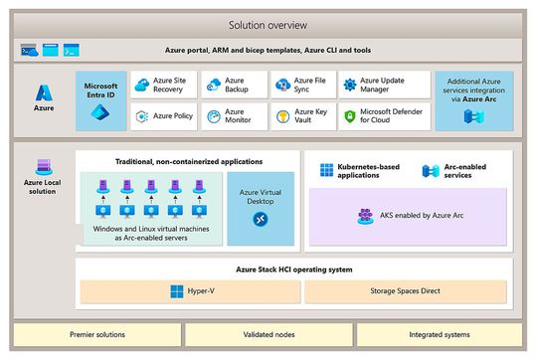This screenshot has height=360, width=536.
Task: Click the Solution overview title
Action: tap(268, 24)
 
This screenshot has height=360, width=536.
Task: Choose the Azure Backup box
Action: tap(232, 85)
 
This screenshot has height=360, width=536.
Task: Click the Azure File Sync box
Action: tap(299, 85)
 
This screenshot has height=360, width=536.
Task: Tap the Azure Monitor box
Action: tap(232, 116)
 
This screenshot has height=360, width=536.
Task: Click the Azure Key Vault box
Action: tap(299, 116)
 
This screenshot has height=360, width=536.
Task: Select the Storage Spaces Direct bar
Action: tap(405, 291)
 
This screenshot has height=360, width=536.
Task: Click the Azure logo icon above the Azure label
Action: tap(45, 92)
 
